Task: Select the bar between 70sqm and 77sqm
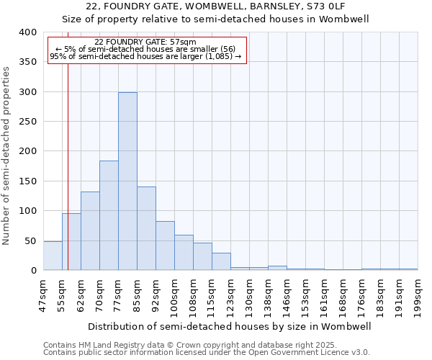pos(109,215)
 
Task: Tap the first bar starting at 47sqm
pos(53,256)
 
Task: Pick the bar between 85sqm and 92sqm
pos(146,228)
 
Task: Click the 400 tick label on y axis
pos(27,32)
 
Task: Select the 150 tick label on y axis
pos(27,181)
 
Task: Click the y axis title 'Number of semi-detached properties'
pos(6,155)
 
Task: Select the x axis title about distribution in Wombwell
pos(230,326)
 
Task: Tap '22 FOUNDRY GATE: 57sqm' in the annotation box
pos(145,42)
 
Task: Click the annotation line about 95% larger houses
pos(145,56)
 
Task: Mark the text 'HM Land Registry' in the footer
pos(109,345)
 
